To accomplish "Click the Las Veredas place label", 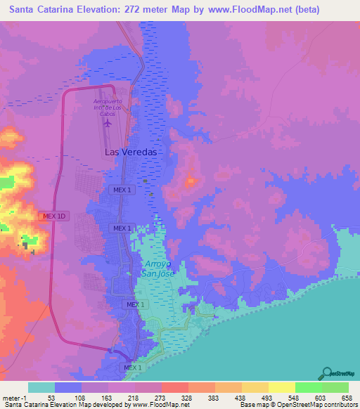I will pos(130,152).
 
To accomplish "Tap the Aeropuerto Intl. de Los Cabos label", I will pos(108,106).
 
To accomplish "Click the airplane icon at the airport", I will pos(108,124).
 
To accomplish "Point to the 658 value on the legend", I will pos(346,397).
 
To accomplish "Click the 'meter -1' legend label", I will pos(15,397).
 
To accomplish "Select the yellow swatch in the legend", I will pos(281,387).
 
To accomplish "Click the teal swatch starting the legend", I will pos(41,387).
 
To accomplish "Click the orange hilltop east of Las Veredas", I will pos(191,182).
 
